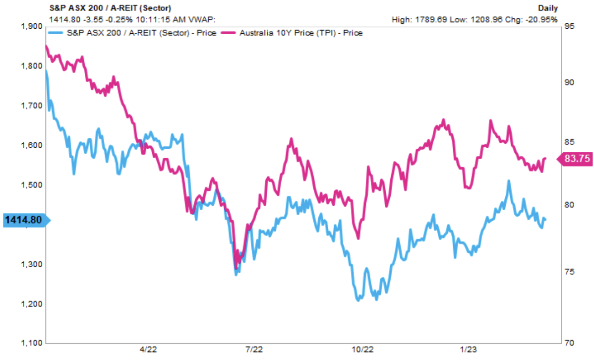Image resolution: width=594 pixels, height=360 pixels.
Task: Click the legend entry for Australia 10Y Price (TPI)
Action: click(300, 33)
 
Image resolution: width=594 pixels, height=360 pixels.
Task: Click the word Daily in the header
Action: click(547, 8)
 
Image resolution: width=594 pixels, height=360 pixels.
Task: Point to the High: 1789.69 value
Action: click(416, 20)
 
